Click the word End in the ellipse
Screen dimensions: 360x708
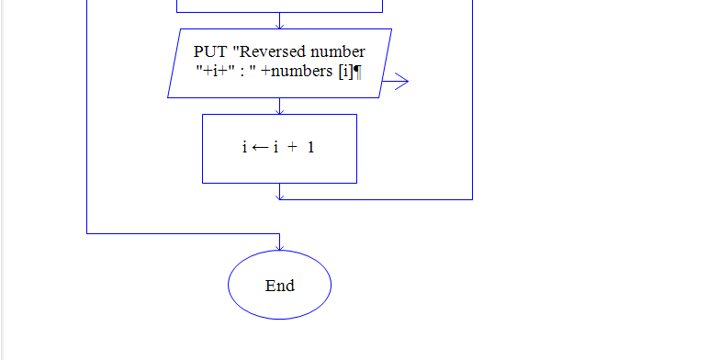280,286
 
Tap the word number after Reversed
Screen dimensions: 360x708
339,52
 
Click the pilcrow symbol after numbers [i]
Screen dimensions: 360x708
357,73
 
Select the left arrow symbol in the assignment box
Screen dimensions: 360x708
260,147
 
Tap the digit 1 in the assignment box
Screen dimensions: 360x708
311,147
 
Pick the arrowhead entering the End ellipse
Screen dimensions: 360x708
280,246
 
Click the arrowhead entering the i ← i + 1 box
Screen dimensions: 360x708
280,110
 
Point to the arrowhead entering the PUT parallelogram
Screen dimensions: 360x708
280,25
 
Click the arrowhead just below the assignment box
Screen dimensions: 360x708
280,195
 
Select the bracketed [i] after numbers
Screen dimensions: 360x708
345,73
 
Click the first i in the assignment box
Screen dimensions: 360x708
245,147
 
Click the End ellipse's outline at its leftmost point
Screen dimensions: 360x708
229,286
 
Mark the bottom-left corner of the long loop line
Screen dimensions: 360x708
87,233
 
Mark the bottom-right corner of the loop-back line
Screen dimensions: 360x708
472,199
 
